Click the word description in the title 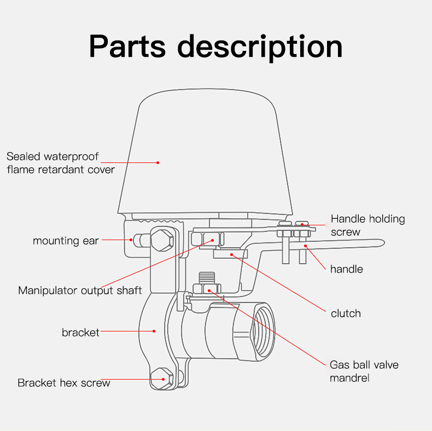click(260, 47)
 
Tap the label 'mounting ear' click(66, 241)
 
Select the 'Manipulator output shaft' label click(80, 290)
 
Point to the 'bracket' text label click(80, 332)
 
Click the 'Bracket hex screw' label click(63, 383)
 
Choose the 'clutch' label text click(346, 313)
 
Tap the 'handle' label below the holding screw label click(346, 269)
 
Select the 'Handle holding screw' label click(367, 225)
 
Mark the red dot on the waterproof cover click(157, 162)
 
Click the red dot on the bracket click(154, 331)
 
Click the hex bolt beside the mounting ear click(162, 239)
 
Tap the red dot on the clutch click(231, 254)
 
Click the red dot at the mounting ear click(131, 239)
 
